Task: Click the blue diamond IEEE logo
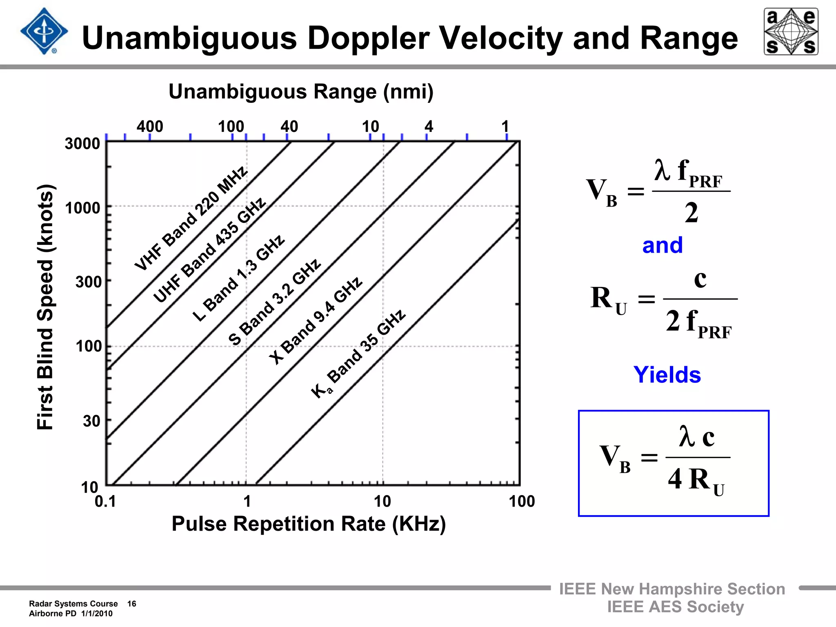click(44, 31)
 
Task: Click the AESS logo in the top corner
click(791, 31)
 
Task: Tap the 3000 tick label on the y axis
click(82, 144)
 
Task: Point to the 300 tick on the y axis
click(88, 282)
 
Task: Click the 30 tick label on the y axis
click(91, 421)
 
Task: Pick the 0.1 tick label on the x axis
click(105, 501)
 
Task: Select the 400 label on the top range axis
click(150, 127)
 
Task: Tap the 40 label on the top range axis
click(289, 127)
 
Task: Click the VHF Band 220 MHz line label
click(191, 218)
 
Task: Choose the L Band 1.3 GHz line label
click(238, 278)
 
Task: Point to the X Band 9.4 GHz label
click(316, 320)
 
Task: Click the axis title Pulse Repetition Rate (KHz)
click(309, 524)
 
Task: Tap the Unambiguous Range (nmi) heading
click(301, 91)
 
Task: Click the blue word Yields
click(667, 374)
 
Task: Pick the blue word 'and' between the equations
click(662, 245)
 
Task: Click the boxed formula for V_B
click(674, 463)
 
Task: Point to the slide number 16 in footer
click(131, 604)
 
